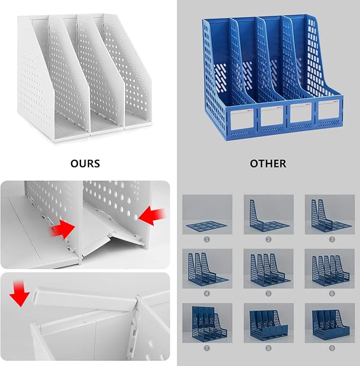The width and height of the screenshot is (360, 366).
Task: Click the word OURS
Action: coord(85,163)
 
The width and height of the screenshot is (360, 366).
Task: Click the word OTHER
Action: coord(268,163)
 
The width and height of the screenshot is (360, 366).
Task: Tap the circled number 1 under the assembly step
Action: coord(207,239)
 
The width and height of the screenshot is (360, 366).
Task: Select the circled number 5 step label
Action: coord(268,293)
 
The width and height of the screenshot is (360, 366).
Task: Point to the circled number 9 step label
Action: coord(332,348)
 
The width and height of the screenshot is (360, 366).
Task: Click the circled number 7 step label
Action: coord(207,348)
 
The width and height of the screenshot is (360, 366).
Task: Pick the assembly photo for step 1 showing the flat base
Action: coord(207,214)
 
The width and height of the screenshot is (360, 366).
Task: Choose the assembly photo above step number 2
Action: coord(268,214)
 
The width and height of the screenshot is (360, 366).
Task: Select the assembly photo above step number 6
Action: coord(330,268)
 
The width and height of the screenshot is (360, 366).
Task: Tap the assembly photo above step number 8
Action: coord(268,323)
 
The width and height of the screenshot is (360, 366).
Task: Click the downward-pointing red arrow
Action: coord(20,294)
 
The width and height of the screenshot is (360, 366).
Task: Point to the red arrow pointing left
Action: coord(152,217)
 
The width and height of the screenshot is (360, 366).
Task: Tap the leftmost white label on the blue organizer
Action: coord(242,119)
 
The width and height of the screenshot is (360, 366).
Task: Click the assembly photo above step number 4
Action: coord(207,268)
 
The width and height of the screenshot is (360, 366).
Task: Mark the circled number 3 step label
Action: coord(332,239)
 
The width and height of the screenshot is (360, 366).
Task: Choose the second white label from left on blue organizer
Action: coord(272,116)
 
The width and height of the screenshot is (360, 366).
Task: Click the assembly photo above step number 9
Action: coord(330,323)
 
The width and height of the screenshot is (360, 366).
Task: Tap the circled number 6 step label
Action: coord(332,293)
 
